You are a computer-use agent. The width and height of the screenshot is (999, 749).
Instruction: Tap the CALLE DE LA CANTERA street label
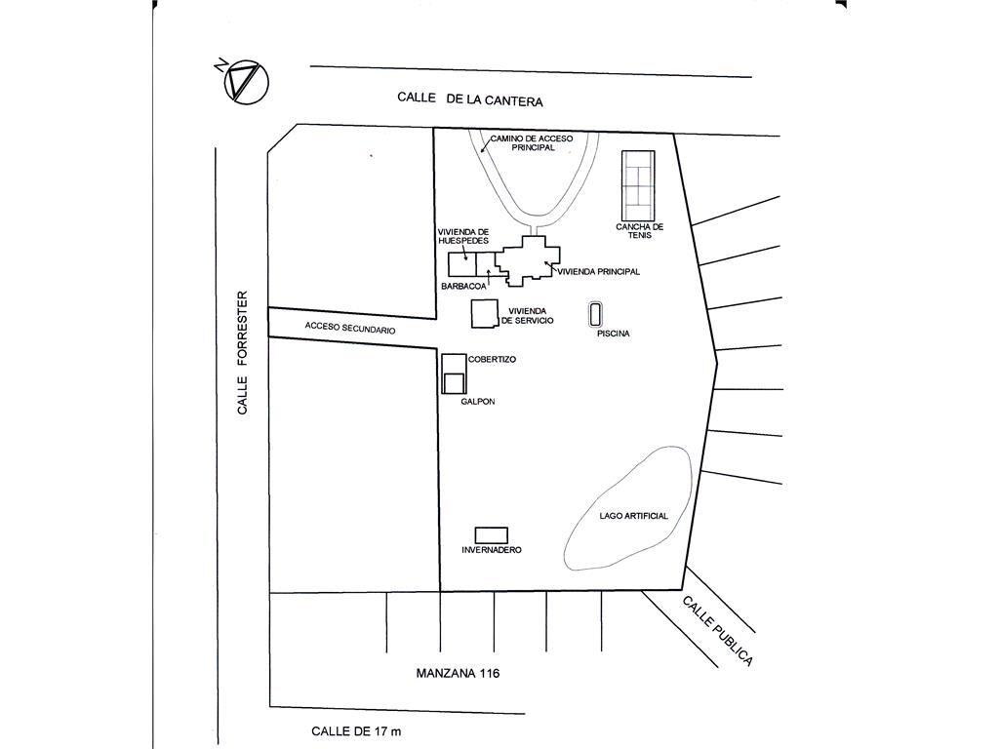point(470,99)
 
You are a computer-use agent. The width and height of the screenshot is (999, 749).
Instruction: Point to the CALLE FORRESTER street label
point(242,353)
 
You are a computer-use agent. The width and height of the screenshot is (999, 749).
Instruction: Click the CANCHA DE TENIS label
point(640,230)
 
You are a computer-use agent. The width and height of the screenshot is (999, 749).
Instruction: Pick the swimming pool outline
point(589,315)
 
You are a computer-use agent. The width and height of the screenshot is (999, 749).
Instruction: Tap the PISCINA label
point(613,334)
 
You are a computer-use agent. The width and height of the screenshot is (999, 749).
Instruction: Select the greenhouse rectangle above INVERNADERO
point(492,535)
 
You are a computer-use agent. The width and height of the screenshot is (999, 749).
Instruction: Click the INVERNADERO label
point(492,550)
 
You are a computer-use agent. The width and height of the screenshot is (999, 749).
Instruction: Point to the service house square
point(484,314)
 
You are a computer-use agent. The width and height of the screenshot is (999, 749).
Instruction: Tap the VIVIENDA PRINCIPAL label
point(598,271)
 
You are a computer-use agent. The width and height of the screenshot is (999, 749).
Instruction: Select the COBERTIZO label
point(492,359)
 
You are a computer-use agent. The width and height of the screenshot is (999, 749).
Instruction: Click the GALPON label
point(478,401)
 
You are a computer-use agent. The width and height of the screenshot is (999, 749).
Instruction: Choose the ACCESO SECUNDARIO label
point(350,328)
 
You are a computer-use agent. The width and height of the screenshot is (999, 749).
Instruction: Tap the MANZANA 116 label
point(458,673)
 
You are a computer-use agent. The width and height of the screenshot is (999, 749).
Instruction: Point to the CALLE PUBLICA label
point(717,631)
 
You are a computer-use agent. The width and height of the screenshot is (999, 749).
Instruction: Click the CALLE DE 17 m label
point(356,731)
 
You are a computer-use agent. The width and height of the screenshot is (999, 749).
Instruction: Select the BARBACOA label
point(463,287)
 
